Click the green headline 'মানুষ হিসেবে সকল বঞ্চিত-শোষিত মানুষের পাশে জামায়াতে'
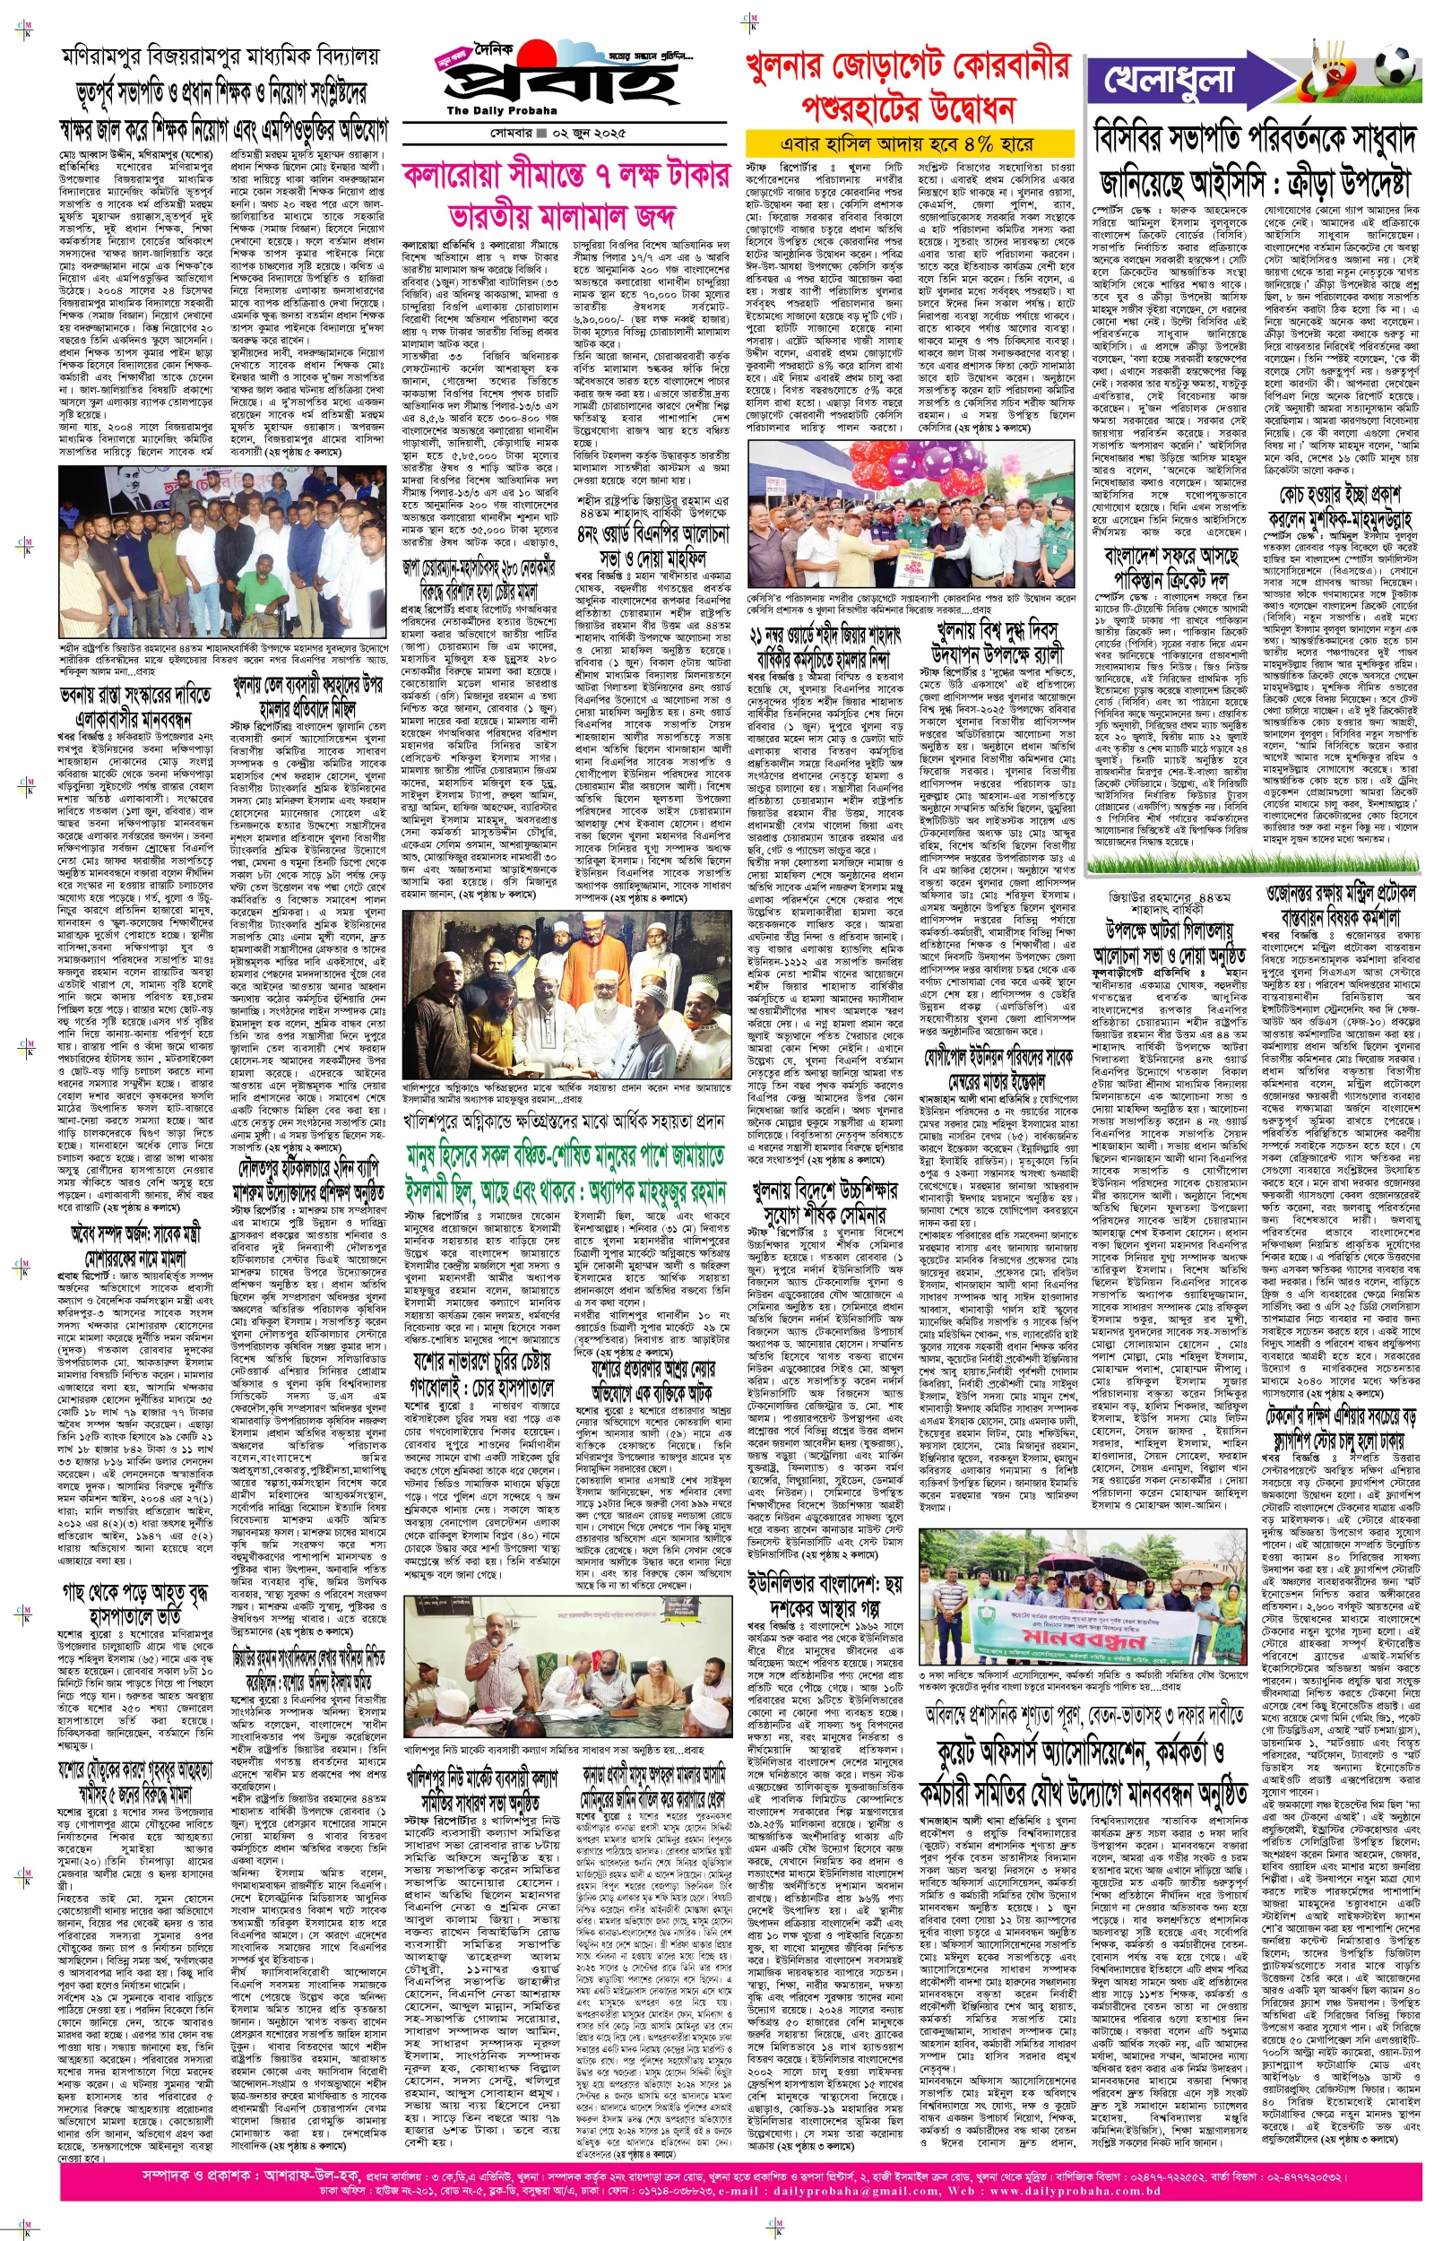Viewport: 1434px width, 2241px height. (x=565, y=1155)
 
